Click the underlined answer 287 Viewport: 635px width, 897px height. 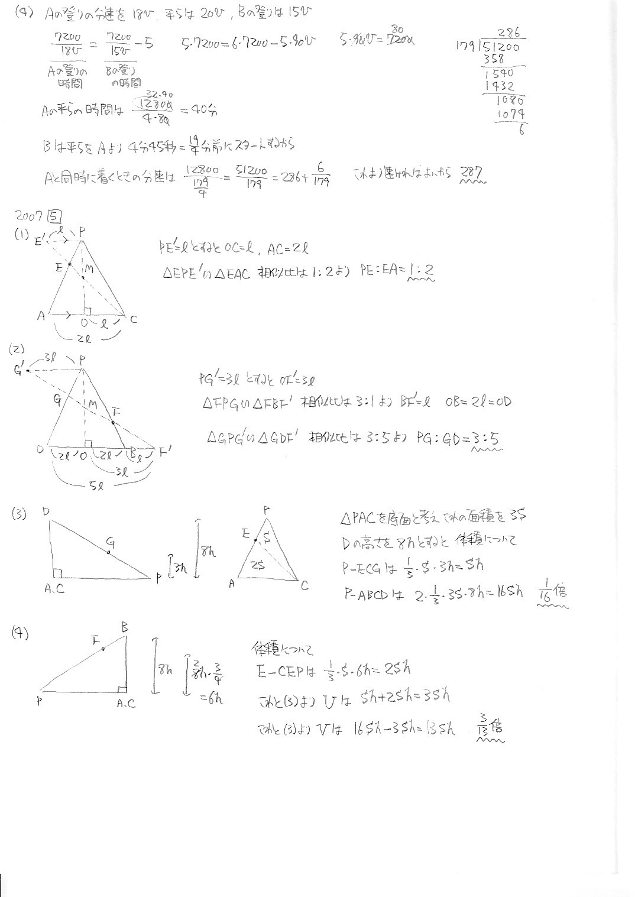[x=472, y=173]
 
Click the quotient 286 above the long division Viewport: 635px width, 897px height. [x=509, y=34]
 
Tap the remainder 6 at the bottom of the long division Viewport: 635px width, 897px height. [x=521, y=130]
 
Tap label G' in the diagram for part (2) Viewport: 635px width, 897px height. [x=20, y=371]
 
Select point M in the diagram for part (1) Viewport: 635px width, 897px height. [x=88, y=270]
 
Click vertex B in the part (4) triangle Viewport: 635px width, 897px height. [x=125, y=627]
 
